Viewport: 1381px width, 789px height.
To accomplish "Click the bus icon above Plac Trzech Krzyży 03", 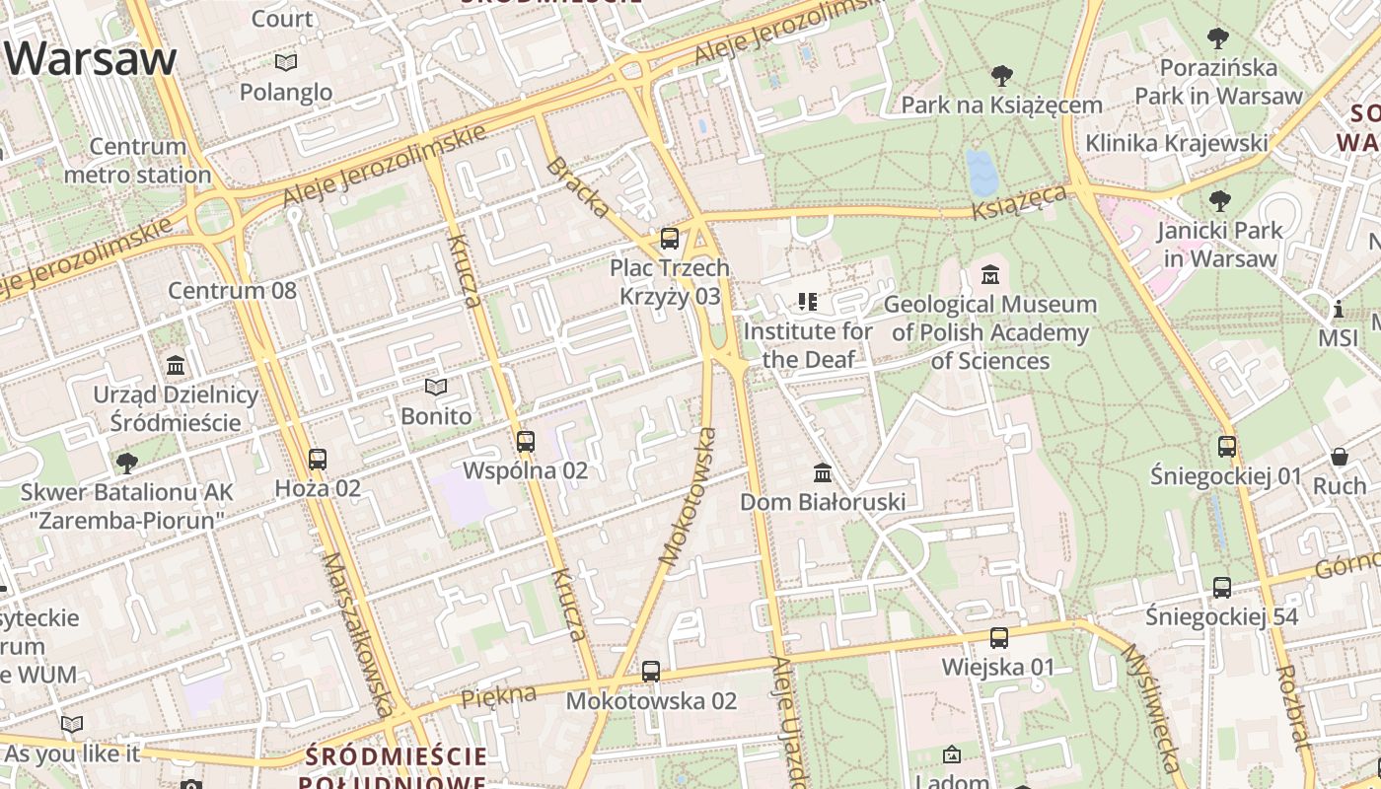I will tap(670, 239).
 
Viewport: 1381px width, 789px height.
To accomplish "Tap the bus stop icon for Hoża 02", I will tap(317, 460).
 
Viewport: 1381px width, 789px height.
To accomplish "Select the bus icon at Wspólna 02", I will tap(526, 442).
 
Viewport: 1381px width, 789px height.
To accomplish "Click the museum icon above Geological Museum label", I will tap(990, 275).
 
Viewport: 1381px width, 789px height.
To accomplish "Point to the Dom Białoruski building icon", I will tap(822, 473).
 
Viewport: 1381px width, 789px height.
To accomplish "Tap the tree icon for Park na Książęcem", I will tap(1001, 76).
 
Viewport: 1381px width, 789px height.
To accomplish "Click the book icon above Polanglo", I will tap(286, 63).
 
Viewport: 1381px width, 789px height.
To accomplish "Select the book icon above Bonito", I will tap(436, 388).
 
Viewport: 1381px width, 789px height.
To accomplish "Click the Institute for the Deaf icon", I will tap(808, 302).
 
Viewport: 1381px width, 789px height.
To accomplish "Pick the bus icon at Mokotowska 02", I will tap(651, 672).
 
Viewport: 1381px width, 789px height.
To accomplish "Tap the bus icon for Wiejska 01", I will tap(999, 638).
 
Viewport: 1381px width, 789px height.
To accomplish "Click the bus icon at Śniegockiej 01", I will tap(1227, 447).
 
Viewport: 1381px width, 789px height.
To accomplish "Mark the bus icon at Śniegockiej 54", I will tap(1222, 588).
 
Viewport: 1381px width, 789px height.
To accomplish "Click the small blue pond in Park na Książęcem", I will tap(982, 173).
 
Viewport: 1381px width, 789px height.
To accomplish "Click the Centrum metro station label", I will tap(137, 161).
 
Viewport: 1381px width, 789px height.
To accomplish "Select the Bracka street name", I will tap(577, 186).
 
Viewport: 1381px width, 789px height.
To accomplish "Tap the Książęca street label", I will tap(1019, 203).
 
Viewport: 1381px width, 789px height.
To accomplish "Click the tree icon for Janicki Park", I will tap(1220, 201).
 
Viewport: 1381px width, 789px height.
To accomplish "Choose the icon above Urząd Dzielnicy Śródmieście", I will tap(176, 366).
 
